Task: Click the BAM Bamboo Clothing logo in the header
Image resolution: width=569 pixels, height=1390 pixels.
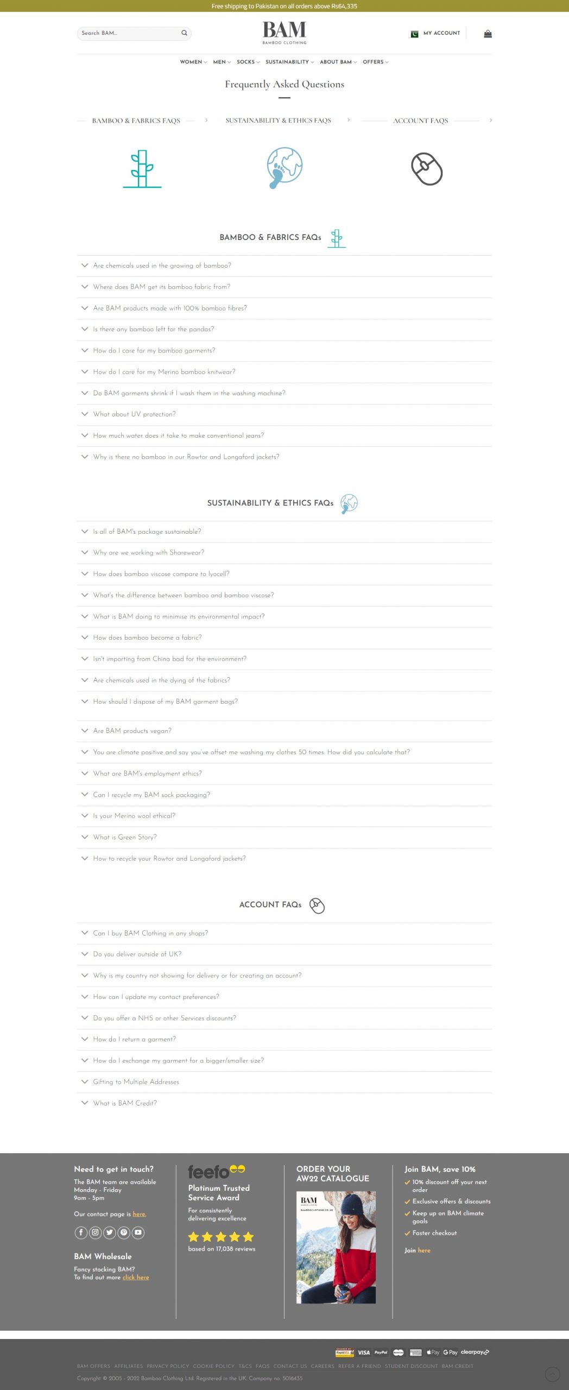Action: pos(284,32)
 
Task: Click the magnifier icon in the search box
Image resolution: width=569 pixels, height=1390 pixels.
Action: pos(185,33)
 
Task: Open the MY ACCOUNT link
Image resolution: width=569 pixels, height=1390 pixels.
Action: pos(441,33)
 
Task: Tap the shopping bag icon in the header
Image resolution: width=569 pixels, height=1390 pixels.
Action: pos(488,34)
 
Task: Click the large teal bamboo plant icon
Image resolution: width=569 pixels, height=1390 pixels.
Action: pos(142,169)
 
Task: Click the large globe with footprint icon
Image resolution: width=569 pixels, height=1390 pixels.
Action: pos(284,167)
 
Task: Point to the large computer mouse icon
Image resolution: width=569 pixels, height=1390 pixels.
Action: pos(427,169)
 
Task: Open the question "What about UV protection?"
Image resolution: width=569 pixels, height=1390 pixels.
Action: pos(134,414)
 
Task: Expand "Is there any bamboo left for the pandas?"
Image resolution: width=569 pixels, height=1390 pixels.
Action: pos(153,329)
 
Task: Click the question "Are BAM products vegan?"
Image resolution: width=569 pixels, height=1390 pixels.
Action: pos(132,731)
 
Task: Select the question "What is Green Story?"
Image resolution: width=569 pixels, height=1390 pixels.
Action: pos(124,837)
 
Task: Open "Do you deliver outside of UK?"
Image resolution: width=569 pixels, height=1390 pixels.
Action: pos(137,954)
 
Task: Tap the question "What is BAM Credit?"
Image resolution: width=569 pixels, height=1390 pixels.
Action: pos(124,1103)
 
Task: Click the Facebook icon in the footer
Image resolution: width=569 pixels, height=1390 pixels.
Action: pos(81,1233)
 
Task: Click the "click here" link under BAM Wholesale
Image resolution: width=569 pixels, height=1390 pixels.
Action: pos(136,1277)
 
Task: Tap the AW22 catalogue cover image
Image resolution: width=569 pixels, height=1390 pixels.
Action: pos(336,1247)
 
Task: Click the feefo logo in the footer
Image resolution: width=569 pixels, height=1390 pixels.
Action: pos(216,1172)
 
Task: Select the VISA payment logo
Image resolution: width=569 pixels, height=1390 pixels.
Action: pos(364,1353)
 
